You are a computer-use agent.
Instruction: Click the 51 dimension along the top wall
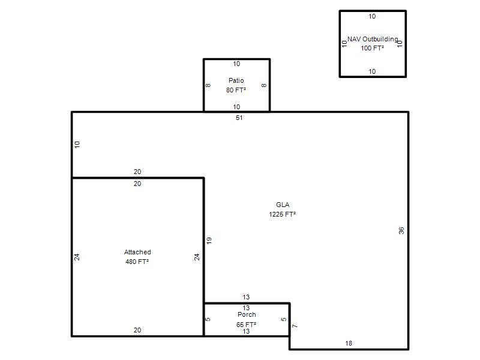coord(239,118)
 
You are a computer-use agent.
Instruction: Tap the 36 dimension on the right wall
coord(401,230)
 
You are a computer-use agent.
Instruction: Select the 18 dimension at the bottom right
coord(349,343)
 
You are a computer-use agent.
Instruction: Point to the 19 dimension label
coord(209,241)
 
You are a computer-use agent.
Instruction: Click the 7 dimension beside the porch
coord(295,326)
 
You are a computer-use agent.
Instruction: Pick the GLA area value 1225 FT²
coord(282,214)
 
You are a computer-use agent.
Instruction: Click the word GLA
coord(283,205)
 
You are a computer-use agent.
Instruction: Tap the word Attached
coord(137,252)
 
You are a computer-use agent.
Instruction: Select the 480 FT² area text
coord(137,262)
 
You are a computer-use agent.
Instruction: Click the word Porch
coord(247,314)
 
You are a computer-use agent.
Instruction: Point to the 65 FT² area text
coord(246,325)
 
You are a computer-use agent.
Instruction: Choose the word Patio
coord(236,80)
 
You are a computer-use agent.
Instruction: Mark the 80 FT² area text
coord(236,90)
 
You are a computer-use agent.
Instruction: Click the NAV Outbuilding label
coord(373,39)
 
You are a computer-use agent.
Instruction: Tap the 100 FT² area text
coord(372,48)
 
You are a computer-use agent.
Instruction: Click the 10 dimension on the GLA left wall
coord(77,145)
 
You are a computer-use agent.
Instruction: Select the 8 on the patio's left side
coord(208,85)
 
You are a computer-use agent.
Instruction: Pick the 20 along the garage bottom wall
coord(137,331)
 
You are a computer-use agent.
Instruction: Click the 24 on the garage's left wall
coord(77,257)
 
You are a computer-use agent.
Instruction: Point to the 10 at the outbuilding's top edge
coord(372,17)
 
